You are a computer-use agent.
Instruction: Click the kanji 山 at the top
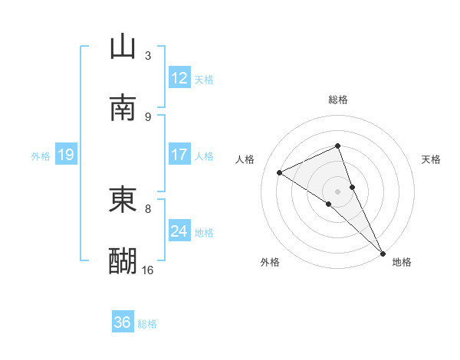point(123,47)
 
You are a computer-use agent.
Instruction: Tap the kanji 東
point(123,200)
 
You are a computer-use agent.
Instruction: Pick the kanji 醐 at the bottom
point(123,261)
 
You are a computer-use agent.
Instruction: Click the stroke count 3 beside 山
point(148,55)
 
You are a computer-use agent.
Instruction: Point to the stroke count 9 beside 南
point(148,116)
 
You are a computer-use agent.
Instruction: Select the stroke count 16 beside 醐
point(148,270)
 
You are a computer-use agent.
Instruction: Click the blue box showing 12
point(179,78)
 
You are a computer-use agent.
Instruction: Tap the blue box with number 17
point(179,155)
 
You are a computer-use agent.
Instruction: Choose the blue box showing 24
point(179,231)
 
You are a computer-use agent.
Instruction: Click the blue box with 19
point(65,155)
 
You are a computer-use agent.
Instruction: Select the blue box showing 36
point(122,322)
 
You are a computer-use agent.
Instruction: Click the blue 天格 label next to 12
point(204,80)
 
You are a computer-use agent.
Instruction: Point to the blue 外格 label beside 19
point(41,156)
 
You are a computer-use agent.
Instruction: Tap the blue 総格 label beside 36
point(147,324)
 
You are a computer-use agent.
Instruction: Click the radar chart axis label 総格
point(338,100)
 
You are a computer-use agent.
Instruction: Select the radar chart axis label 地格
point(402,262)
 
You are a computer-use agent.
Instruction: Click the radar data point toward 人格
point(280,172)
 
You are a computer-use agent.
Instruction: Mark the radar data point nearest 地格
point(383,253)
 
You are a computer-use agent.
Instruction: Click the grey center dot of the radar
point(338,191)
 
